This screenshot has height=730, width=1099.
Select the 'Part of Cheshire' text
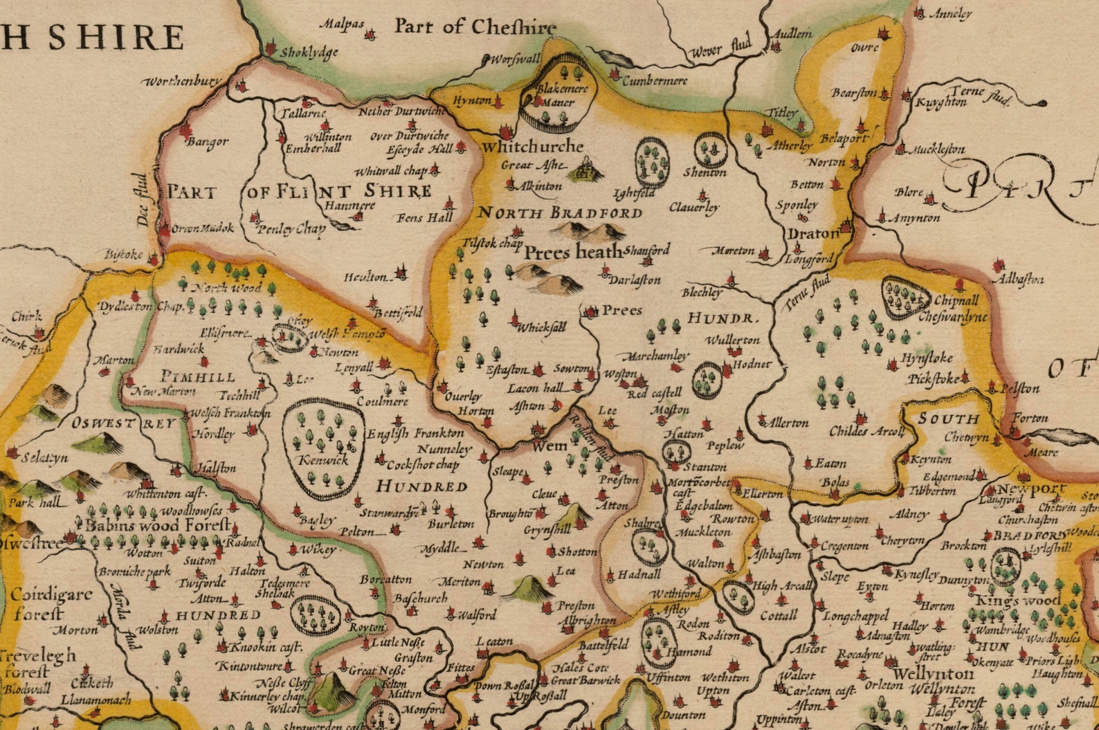(x=475, y=27)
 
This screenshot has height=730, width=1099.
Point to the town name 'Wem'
(x=549, y=447)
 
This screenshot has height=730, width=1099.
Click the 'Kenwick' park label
(x=323, y=460)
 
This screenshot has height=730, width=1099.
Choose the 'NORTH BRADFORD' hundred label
(x=560, y=212)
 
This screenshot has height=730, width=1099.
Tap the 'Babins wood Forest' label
(x=158, y=525)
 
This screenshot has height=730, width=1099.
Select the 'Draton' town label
(x=812, y=234)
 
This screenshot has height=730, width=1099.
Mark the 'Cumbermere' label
(x=655, y=81)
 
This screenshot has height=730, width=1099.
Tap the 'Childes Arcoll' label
(x=866, y=432)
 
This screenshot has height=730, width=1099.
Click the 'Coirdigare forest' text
(x=50, y=603)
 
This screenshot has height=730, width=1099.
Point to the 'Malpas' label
(x=341, y=24)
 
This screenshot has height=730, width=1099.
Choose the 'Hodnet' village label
(x=751, y=364)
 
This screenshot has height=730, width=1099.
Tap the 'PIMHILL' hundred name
(x=198, y=377)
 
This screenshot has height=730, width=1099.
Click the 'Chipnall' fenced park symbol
(x=906, y=298)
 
